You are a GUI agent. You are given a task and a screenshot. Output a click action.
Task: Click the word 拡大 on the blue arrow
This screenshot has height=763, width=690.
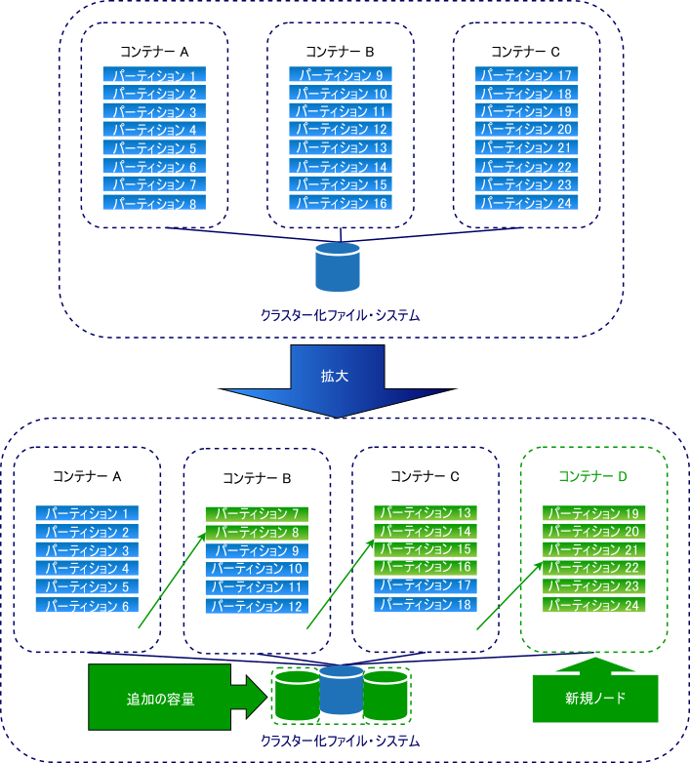[335, 376]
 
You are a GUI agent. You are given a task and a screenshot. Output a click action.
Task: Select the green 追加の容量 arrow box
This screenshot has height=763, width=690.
[177, 698]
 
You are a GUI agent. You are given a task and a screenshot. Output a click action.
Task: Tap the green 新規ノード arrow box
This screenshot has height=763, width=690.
[595, 691]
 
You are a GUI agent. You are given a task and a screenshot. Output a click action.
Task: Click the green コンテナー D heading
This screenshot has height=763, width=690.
[592, 476]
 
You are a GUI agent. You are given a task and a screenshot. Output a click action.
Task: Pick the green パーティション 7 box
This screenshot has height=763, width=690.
[257, 514]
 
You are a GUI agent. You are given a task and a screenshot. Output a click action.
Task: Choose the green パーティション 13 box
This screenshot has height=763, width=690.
[426, 513]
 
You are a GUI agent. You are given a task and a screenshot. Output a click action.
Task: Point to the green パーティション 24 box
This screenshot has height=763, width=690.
[593, 605]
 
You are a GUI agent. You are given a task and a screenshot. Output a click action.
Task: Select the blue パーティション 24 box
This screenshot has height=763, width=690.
[526, 202]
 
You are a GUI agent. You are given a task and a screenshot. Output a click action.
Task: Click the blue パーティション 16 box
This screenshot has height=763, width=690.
[341, 202]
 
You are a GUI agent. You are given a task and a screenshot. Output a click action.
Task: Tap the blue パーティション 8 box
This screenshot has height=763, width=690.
[154, 203]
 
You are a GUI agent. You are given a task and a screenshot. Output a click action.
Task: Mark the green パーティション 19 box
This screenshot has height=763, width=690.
[593, 513]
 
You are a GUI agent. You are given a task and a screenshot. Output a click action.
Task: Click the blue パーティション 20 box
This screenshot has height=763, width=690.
[526, 129]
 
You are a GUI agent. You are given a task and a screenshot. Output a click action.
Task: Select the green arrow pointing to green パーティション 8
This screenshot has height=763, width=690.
[173, 581]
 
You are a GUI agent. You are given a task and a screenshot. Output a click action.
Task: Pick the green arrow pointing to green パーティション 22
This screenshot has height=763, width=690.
[509, 595]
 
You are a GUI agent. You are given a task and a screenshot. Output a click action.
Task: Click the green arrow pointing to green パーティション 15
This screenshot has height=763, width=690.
[341, 583]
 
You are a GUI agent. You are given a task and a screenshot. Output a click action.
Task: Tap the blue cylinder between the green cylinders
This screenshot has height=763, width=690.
[342, 690]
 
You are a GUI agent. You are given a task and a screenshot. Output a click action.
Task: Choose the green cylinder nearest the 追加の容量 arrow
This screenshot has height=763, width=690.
[297, 696]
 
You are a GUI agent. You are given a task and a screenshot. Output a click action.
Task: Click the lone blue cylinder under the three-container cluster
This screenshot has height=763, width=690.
[338, 267]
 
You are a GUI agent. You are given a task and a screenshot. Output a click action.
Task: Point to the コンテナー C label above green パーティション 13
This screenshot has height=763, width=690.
[426, 476]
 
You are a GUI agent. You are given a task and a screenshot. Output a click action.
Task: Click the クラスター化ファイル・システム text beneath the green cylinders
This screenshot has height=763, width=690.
[341, 742]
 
